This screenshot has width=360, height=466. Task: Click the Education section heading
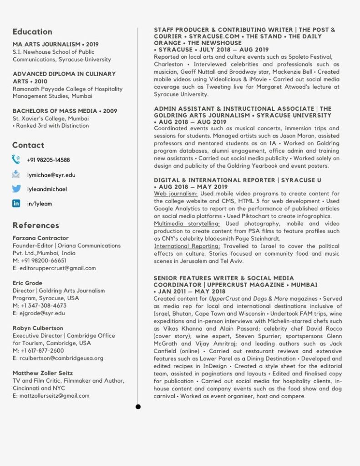(x=32, y=31)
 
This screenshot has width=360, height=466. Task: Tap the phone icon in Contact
(x=16, y=159)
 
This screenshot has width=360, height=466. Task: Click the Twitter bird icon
(x=16, y=189)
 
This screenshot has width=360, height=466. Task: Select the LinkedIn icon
(x=16, y=204)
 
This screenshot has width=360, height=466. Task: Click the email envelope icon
(x=16, y=174)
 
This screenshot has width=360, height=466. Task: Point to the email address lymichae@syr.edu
(x=51, y=174)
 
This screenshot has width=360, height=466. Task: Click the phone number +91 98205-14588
(x=48, y=160)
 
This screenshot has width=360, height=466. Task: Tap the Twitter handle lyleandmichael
(x=47, y=189)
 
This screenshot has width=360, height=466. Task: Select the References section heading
(x=36, y=225)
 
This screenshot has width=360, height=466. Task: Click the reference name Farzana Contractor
(x=41, y=238)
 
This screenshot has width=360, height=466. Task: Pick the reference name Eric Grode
(x=27, y=283)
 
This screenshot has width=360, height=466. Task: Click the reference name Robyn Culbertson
(x=38, y=328)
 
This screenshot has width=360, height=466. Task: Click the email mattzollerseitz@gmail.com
(x=54, y=395)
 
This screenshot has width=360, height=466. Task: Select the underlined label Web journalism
(x=176, y=194)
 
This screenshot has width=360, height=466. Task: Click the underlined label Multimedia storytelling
(x=187, y=224)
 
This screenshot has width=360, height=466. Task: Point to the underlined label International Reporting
(x=187, y=246)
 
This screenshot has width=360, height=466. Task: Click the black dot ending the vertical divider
(x=138, y=406)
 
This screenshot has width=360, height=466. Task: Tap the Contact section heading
(x=28, y=145)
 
